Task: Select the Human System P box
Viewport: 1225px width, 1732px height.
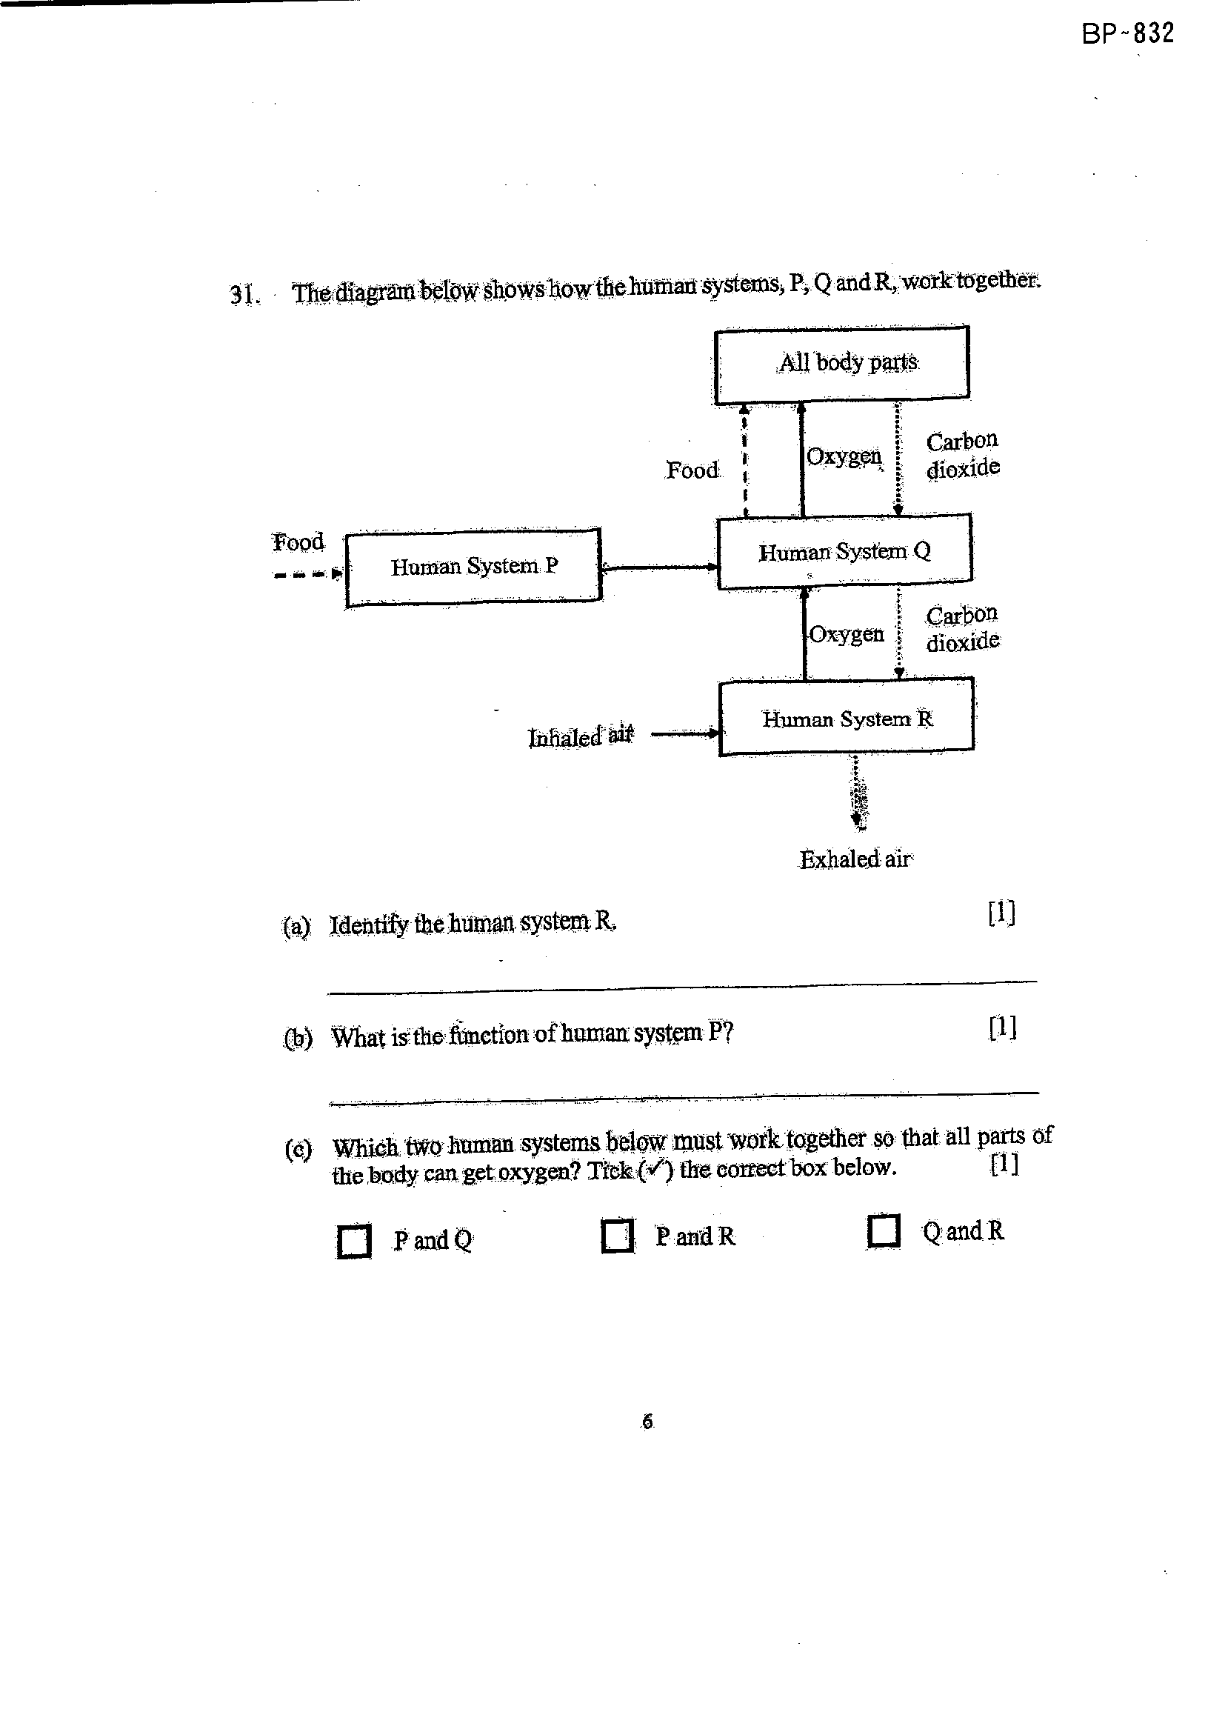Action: point(473,567)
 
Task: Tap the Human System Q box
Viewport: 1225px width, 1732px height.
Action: point(845,551)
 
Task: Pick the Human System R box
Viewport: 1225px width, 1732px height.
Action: point(847,717)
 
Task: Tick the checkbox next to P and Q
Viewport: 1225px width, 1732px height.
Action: point(353,1241)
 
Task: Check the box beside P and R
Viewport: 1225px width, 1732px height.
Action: point(618,1236)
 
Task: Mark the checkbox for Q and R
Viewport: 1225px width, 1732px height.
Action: point(884,1230)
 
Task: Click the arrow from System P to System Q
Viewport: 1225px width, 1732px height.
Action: point(659,567)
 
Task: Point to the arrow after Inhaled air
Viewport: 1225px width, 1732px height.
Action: point(684,733)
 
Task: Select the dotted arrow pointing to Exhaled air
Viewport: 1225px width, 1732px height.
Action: point(858,792)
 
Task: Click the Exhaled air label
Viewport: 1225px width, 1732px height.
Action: point(856,859)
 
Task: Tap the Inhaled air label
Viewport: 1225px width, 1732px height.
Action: point(581,736)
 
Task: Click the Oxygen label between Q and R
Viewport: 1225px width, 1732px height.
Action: point(847,633)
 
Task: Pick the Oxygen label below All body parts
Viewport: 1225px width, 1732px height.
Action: point(844,456)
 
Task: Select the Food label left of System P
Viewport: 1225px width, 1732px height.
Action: point(298,542)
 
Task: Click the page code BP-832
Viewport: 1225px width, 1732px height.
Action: point(1128,34)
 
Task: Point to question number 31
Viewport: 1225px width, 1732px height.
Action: point(244,293)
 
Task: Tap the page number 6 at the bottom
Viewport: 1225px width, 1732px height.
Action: point(647,1422)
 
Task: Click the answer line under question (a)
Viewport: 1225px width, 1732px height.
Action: point(684,987)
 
